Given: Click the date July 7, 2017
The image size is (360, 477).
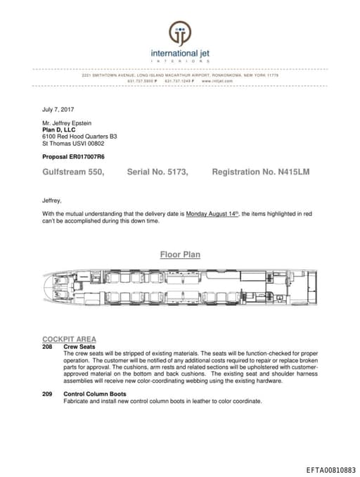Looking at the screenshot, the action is pyautogui.click(x=58, y=109).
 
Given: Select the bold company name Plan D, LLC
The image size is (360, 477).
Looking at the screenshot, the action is pyautogui.click(x=58, y=129).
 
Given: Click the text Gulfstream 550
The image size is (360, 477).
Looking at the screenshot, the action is pyautogui.click(x=74, y=172).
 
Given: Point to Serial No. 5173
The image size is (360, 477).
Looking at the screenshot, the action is pyautogui.click(x=157, y=172).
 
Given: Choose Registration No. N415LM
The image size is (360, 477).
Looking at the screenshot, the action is pyautogui.click(x=260, y=172).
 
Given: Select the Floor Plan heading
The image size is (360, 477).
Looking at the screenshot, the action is pyautogui.click(x=180, y=255).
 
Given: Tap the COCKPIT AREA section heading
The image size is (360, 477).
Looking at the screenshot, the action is pyautogui.click(x=69, y=339).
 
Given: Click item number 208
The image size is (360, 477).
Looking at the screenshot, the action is pyautogui.click(x=47, y=346).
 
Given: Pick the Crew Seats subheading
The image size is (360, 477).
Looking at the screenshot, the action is pyautogui.click(x=79, y=346).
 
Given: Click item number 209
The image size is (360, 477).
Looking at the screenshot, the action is pyautogui.click(x=47, y=394).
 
